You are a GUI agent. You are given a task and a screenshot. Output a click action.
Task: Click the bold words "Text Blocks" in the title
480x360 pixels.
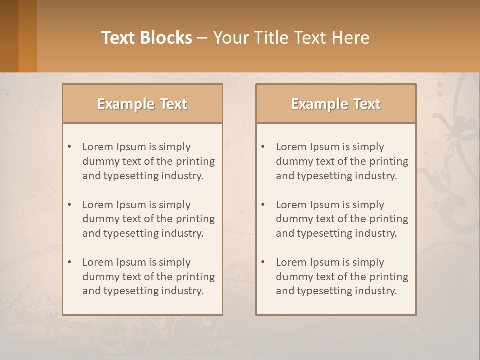(146, 38)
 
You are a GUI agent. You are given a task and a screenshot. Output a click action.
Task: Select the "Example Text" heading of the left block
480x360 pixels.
(142, 104)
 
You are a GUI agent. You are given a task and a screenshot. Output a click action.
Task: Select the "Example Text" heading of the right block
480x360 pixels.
(336, 104)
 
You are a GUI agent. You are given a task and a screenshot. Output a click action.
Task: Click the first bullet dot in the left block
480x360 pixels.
(70, 147)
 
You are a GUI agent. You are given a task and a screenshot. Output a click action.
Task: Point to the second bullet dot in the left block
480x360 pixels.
(70, 205)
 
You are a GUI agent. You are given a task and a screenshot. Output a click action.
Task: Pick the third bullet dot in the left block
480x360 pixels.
(70, 262)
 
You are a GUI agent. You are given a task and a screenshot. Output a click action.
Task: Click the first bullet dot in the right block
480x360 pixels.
(263, 147)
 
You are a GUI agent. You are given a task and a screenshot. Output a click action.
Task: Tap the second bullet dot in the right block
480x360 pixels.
(263, 205)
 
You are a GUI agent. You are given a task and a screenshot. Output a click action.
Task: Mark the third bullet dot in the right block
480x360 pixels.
(263, 262)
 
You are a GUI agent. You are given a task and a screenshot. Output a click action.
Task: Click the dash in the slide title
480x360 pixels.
(202, 38)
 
